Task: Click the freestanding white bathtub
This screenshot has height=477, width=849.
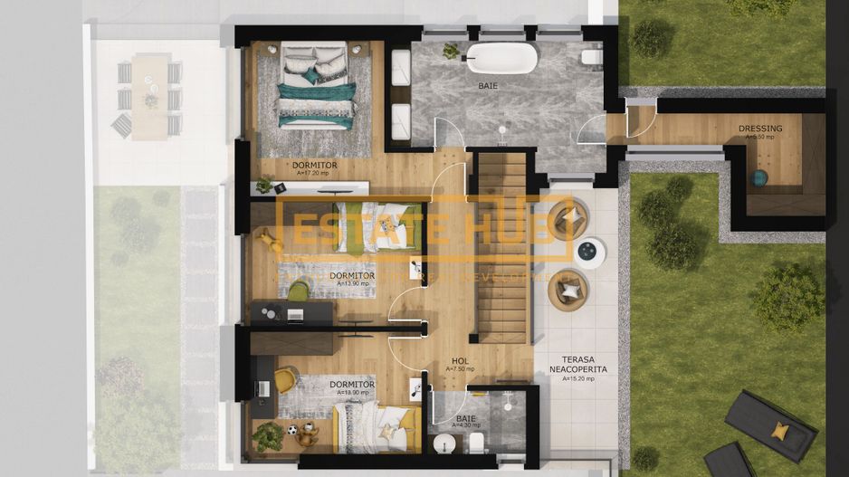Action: [501, 59]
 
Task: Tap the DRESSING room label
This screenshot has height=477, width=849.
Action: [760, 129]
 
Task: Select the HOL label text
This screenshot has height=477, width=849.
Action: [460, 361]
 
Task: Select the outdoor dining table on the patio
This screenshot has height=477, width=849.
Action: [150, 96]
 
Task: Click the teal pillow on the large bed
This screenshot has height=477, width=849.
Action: [310, 77]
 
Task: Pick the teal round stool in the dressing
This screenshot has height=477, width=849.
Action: [758, 178]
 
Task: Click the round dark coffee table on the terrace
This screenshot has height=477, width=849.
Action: [589, 252]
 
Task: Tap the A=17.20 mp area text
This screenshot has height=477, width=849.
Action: [314, 173]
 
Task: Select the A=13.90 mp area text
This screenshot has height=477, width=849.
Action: [352, 283]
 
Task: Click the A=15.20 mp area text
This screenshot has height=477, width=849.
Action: [577, 379]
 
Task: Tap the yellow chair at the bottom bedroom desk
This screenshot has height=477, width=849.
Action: [286, 379]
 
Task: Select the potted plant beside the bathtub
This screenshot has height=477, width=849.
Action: [450, 52]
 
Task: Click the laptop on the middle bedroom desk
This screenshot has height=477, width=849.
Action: [294, 314]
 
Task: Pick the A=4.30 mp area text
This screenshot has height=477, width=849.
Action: [466, 427]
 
